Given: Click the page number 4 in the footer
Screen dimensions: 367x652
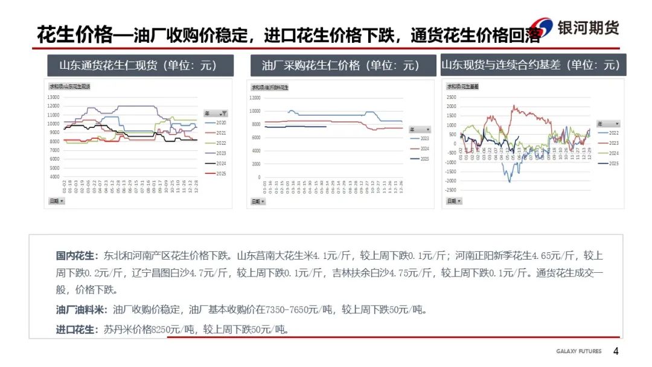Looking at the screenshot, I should click(616, 351).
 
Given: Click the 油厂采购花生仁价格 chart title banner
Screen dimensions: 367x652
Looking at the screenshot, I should click(340, 65).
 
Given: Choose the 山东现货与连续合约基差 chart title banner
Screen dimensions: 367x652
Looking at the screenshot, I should click(531, 65).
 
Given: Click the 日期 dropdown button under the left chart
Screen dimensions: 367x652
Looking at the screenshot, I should click(57, 201).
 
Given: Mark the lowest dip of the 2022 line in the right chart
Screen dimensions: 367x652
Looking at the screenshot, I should click(509, 181).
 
